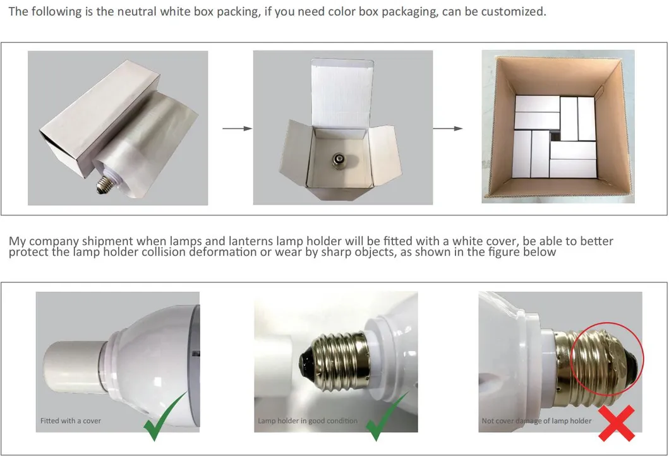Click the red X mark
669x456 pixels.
tap(617, 423)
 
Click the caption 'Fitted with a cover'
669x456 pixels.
tap(70, 421)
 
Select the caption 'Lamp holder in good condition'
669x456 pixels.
tap(308, 421)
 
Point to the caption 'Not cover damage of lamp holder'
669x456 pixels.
tap(537, 421)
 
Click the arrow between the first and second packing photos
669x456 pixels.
tap(238, 128)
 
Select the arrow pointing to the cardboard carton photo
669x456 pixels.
tap(447, 128)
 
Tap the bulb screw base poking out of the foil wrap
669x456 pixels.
tap(105, 184)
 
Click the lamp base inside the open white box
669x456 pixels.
tap(339, 162)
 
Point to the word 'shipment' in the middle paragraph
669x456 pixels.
tap(107, 241)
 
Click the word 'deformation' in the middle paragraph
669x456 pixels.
tap(223, 251)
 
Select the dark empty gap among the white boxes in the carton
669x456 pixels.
tap(555, 136)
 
